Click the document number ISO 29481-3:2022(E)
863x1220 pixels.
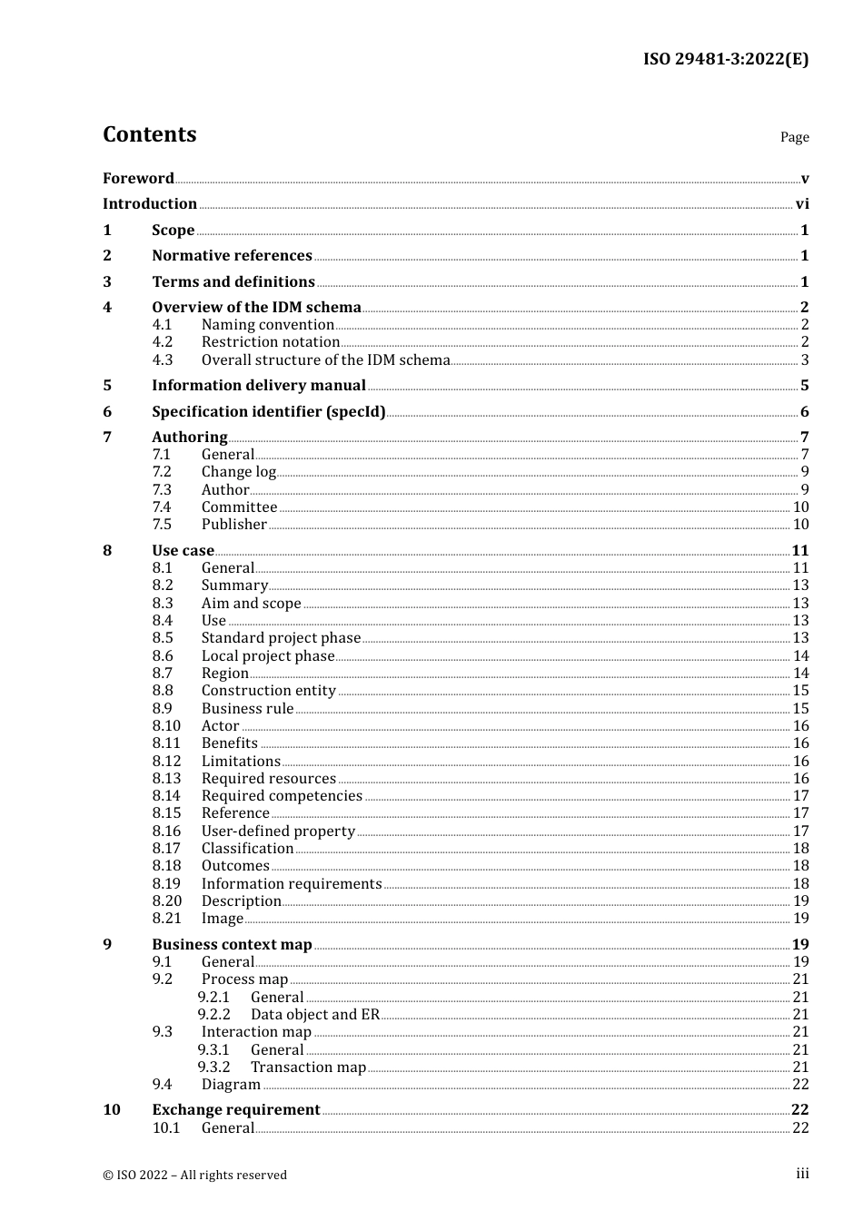click(x=725, y=59)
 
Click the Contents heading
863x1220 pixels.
click(x=149, y=134)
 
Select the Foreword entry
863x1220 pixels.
click(x=138, y=178)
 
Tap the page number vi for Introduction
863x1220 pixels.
click(x=801, y=204)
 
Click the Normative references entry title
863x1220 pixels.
click(x=232, y=256)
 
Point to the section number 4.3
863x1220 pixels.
click(x=163, y=359)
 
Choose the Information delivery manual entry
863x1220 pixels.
click(x=258, y=386)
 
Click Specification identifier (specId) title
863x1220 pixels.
click(x=268, y=412)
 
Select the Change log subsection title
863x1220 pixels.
click(x=238, y=472)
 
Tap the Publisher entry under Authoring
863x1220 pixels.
click(x=233, y=525)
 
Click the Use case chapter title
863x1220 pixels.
click(x=183, y=551)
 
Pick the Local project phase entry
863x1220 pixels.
click(x=267, y=656)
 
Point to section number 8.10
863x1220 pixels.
click(x=166, y=726)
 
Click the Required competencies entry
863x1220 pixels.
click(x=282, y=796)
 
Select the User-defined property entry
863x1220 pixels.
click(x=278, y=831)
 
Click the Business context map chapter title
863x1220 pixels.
click(x=232, y=945)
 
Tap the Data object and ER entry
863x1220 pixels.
click(x=314, y=1015)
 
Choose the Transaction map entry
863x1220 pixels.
click(x=308, y=1067)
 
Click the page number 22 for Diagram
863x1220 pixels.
click(x=800, y=1085)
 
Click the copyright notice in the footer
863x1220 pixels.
click(x=194, y=1175)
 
